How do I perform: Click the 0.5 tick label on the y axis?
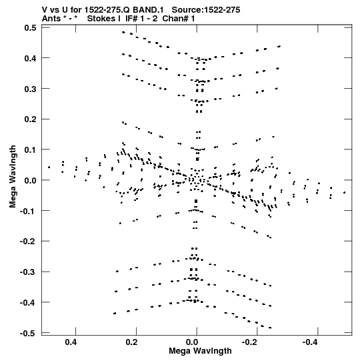coord(30,27)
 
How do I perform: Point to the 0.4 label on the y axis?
coord(30,58)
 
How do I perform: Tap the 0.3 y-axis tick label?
coord(30,89)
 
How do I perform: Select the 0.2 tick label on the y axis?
coord(30,119)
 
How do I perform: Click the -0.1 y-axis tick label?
coord(28,211)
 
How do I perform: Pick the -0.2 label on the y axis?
coord(28,242)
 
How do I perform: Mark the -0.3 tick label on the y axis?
coord(28,272)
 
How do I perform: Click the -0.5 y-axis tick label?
coord(28,333)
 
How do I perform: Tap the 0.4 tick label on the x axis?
coord(71,342)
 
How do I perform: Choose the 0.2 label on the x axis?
coord(132,342)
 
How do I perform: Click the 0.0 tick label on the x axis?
coord(192,342)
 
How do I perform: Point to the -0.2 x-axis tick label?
coord(251,342)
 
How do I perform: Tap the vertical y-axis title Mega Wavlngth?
coord(13,177)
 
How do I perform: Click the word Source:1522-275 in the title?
coord(206,9)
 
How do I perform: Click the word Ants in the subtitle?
coord(51,19)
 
